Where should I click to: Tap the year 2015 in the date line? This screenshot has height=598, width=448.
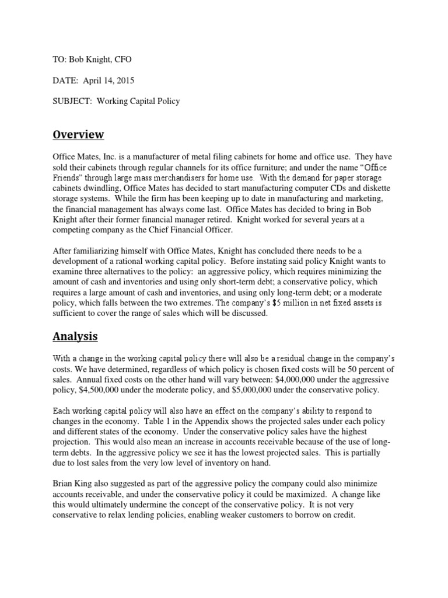point(128,80)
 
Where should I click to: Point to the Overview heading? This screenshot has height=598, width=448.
point(78,135)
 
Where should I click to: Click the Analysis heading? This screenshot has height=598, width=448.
point(75,336)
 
